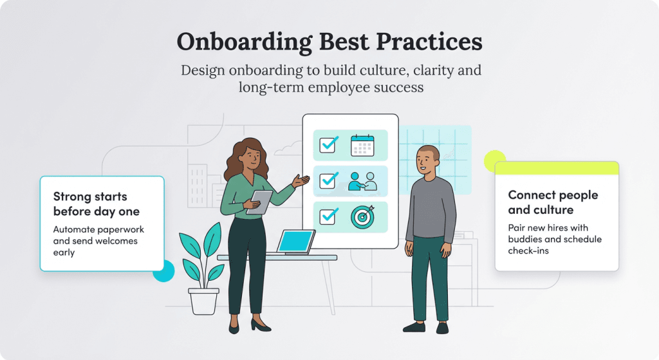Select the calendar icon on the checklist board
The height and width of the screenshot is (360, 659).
(x=362, y=146)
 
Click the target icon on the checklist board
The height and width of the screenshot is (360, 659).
(x=362, y=217)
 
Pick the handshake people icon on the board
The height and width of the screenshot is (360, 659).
(x=362, y=181)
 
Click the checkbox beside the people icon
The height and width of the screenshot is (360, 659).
(x=329, y=181)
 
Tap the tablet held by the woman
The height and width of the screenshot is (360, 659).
(x=260, y=202)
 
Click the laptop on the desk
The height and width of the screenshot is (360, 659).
(x=295, y=242)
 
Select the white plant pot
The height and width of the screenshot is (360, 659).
(x=203, y=301)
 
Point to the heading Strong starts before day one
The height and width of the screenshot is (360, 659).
(x=96, y=204)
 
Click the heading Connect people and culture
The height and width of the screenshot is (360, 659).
(x=553, y=202)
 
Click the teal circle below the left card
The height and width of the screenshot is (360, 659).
(x=164, y=271)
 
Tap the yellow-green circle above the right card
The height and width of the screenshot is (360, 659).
(x=494, y=160)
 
